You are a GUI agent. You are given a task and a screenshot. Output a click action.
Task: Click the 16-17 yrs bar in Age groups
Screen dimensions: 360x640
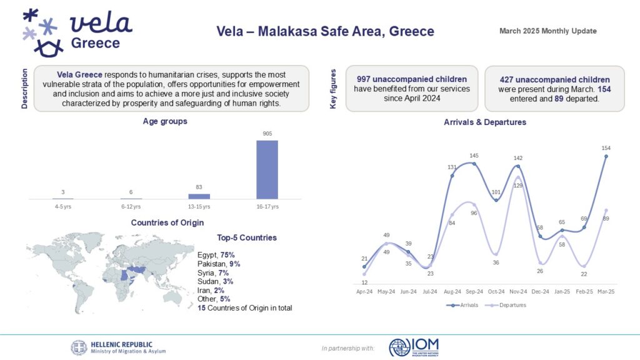[x=267, y=169]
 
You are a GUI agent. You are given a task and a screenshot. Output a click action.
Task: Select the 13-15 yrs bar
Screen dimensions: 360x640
[x=199, y=196]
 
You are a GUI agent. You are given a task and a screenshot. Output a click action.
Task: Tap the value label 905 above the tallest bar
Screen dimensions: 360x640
[x=267, y=133]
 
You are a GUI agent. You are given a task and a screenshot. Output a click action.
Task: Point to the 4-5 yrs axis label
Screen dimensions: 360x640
[x=63, y=206]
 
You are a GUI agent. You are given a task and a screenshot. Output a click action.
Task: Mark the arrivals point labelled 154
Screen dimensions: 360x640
[x=606, y=157]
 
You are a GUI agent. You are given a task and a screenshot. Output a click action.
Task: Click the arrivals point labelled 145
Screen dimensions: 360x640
[x=474, y=164]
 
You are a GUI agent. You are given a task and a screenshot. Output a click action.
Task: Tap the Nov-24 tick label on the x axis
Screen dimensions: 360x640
[x=518, y=291]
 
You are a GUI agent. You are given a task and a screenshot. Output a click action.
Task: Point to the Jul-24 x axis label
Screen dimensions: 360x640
[x=430, y=291]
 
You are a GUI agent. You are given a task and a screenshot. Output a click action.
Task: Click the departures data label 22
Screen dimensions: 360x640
[x=583, y=274]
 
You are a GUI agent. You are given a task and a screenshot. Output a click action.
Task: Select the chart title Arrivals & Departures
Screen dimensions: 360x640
[x=484, y=122]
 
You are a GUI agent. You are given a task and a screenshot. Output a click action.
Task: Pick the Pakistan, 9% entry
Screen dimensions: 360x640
[x=219, y=264]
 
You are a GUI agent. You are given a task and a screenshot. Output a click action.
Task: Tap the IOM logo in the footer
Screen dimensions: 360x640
[x=414, y=347]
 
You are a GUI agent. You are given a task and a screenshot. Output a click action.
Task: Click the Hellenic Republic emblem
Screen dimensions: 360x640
[x=79, y=347]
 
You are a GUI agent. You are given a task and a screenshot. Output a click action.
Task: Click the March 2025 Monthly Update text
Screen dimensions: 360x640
[x=548, y=31]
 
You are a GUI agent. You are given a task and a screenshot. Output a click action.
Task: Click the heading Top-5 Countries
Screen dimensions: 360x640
[x=246, y=237]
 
